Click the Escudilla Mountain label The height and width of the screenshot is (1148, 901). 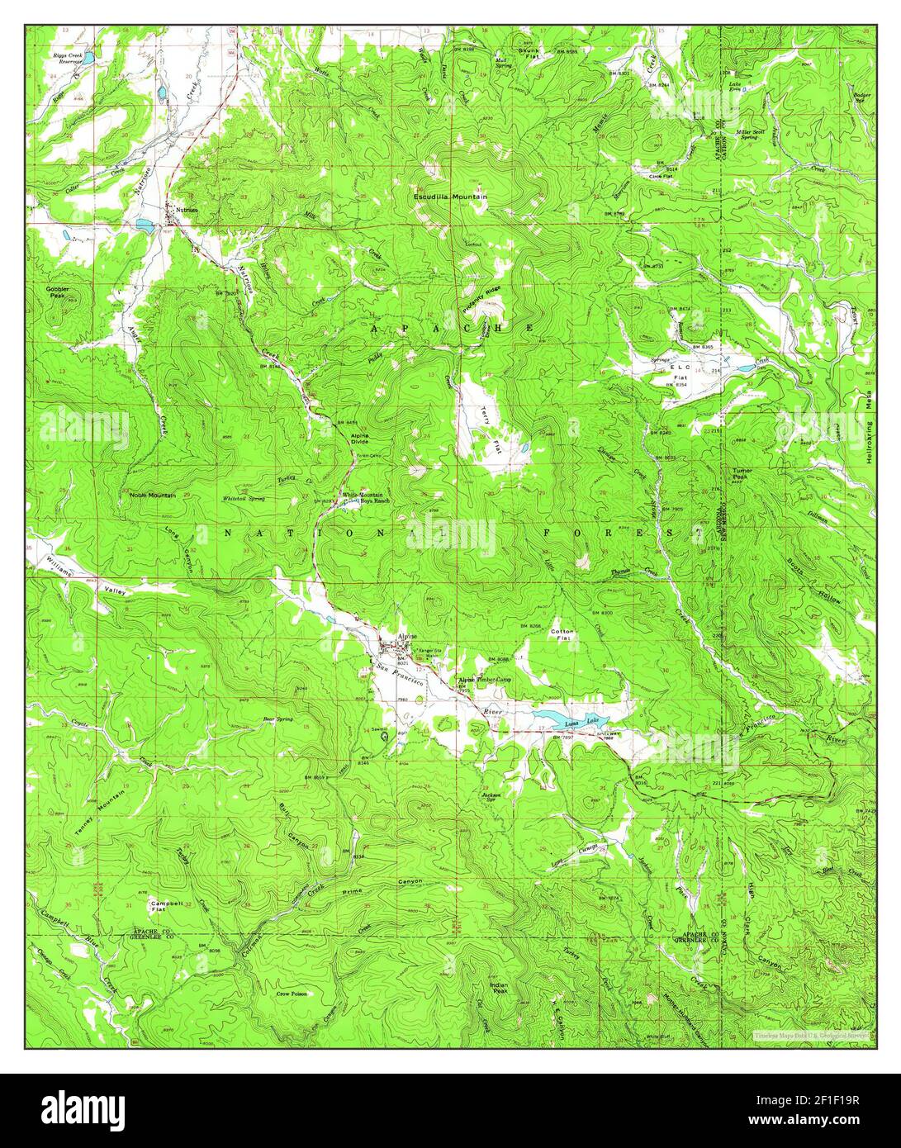452,197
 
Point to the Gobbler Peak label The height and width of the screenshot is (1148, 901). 58,292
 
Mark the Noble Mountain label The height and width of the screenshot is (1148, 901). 153,495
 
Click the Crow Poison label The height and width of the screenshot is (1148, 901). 292,994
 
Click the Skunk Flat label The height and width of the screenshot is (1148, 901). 529,53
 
